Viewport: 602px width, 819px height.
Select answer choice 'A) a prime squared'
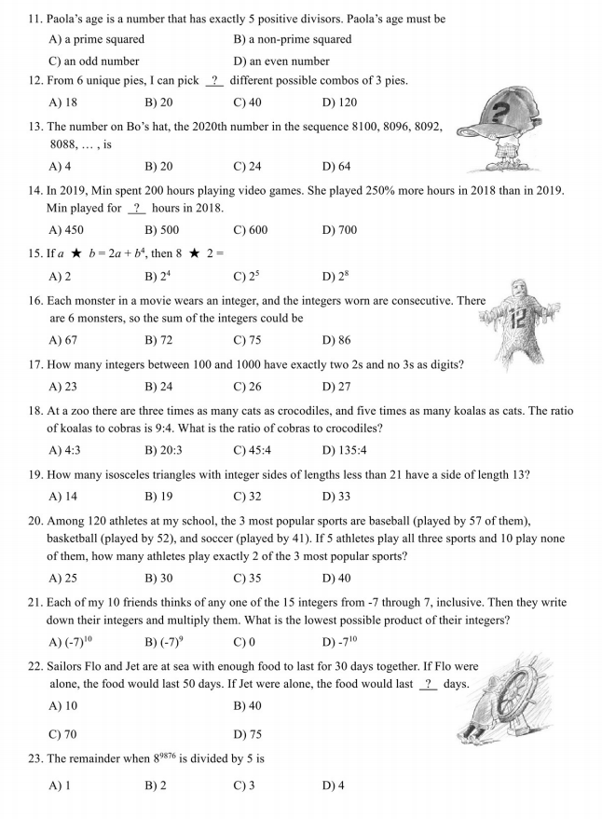click(x=96, y=40)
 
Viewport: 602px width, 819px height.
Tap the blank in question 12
click(x=215, y=81)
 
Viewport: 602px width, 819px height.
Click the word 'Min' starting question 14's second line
click(x=58, y=209)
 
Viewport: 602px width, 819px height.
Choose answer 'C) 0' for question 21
click(x=244, y=643)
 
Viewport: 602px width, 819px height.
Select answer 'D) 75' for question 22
click(x=247, y=734)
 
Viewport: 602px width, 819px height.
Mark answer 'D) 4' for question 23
click(x=333, y=785)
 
